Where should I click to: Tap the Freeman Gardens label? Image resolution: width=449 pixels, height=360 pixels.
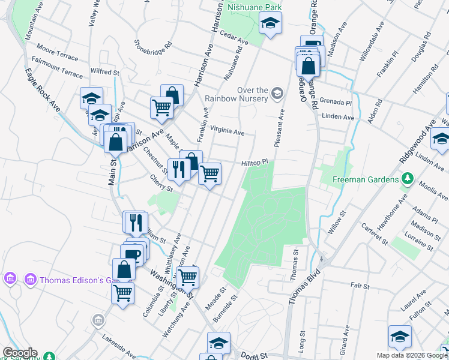tap(366, 179)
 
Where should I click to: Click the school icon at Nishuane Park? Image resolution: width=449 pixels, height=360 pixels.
tap(270, 24)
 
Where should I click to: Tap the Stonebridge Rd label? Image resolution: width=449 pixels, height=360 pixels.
tap(153, 45)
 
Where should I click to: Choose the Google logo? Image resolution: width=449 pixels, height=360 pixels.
tap(19, 353)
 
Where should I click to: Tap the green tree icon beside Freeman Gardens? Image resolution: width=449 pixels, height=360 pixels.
tap(408, 179)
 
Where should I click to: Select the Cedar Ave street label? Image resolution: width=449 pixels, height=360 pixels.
tap(234, 38)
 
